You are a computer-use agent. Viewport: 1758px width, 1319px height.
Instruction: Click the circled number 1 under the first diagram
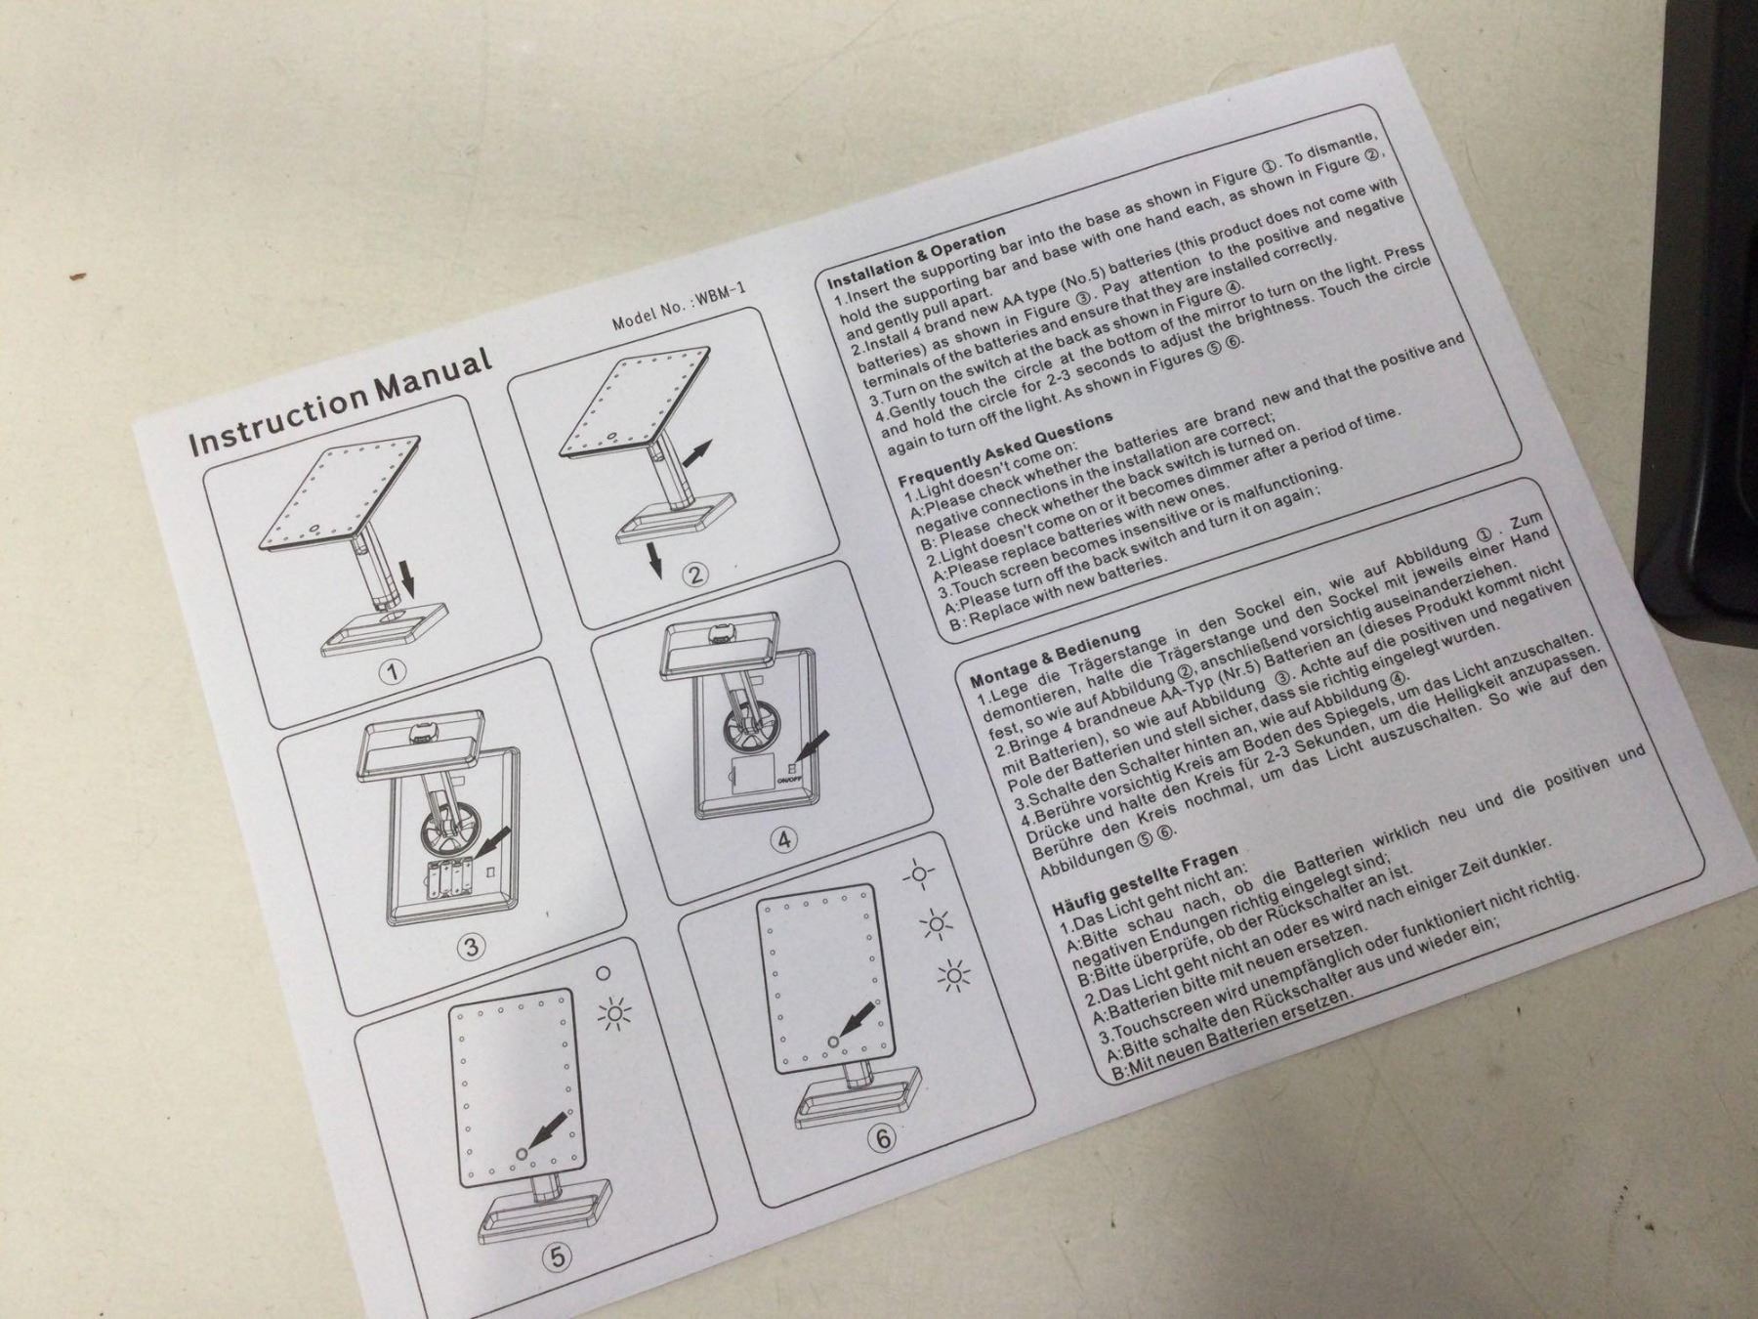[393, 673]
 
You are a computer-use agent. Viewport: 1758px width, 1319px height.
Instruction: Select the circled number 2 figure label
[694, 574]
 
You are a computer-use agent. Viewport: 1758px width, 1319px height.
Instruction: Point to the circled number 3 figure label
[472, 946]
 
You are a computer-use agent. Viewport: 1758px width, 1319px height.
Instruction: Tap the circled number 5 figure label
[558, 1258]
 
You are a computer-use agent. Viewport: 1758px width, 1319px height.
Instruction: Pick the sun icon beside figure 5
[614, 1015]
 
